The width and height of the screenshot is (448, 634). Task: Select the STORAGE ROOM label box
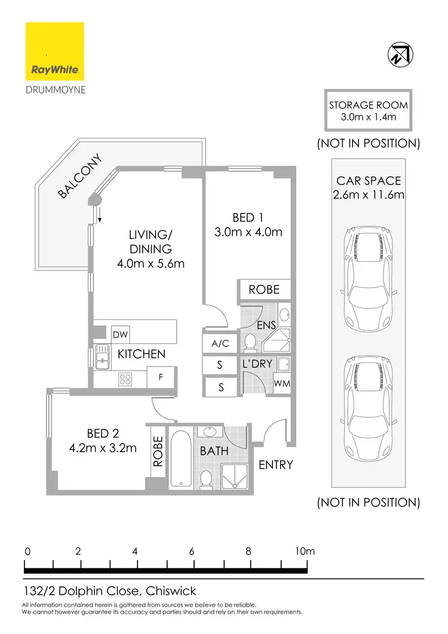(369, 111)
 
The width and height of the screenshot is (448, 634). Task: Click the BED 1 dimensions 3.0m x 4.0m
(248, 232)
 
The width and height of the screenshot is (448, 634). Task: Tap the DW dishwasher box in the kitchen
(121, 335)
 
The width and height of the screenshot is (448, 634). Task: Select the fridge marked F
(161, 377)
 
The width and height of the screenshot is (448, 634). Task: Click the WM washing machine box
(282, 383)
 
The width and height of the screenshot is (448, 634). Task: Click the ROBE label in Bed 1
(264, 290)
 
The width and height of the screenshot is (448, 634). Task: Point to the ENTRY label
(275, 464)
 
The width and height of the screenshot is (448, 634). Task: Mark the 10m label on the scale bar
(305, 552)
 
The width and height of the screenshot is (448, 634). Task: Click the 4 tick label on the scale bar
(135, 552)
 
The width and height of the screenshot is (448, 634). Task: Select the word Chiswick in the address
(170, 592)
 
